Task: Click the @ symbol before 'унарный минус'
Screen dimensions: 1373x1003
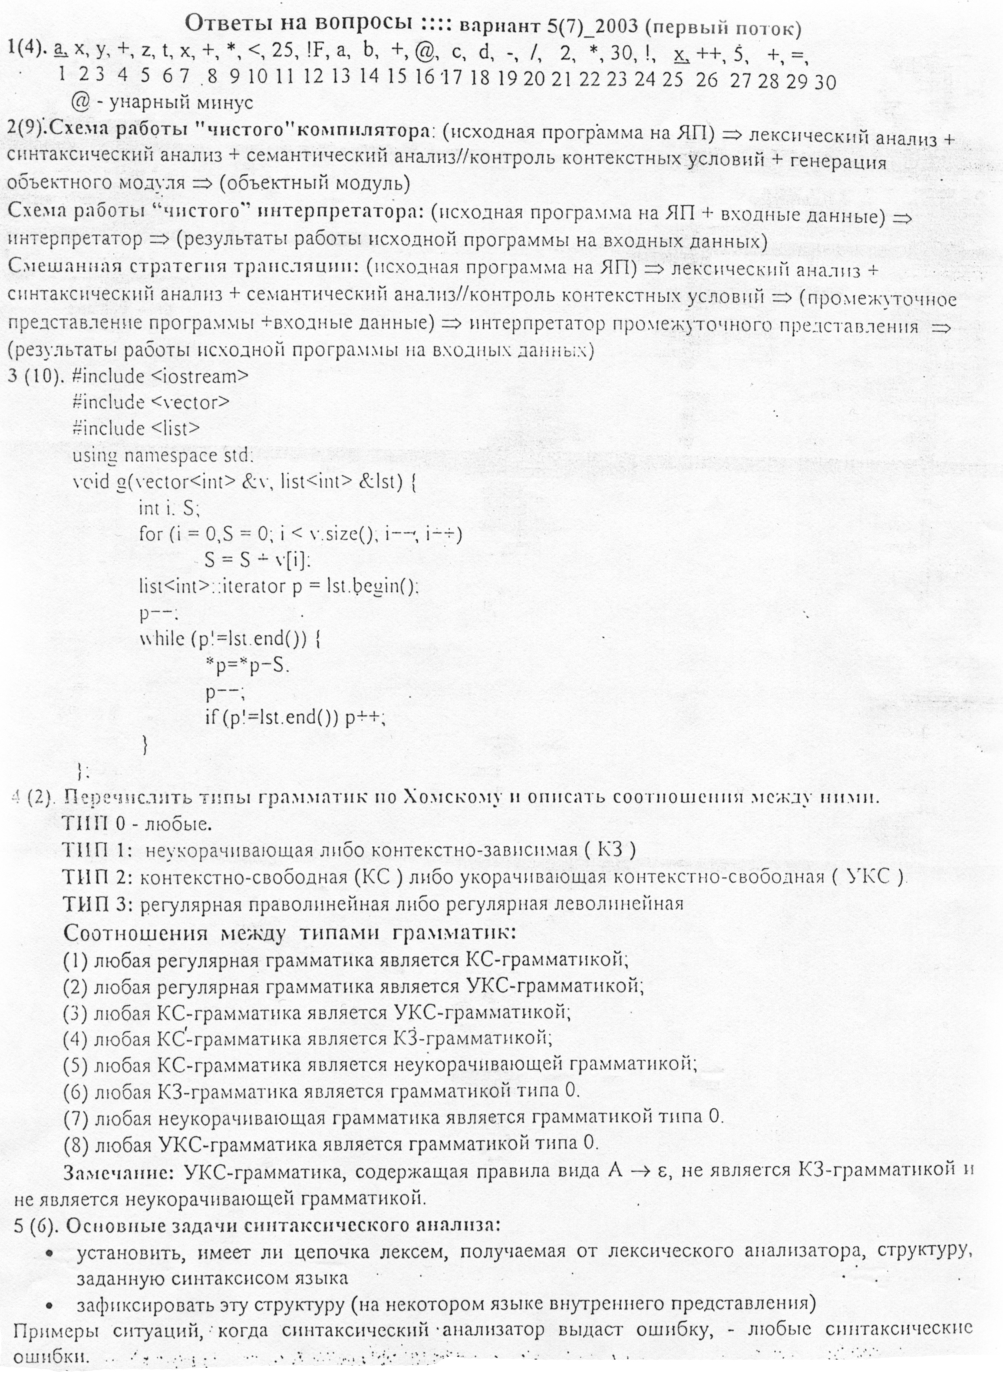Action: pyautogui.click(x=80, y=102)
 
